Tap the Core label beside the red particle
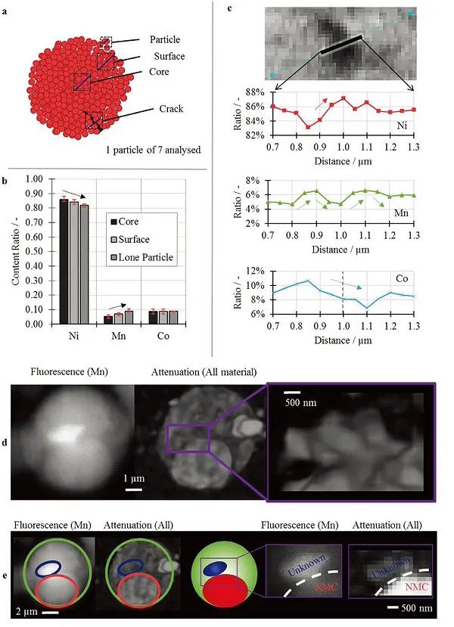coord(159,72)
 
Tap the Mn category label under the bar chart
coord(113,334)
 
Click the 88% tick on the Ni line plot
coord(253,92)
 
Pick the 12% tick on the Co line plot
coord(253,271)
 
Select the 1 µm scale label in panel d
coord(135,479)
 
